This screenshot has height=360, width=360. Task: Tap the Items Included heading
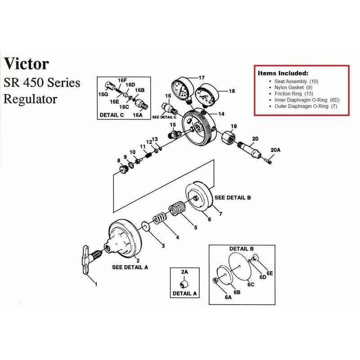tap(283, 72)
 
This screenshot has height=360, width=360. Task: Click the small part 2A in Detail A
tap(184, 284)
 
